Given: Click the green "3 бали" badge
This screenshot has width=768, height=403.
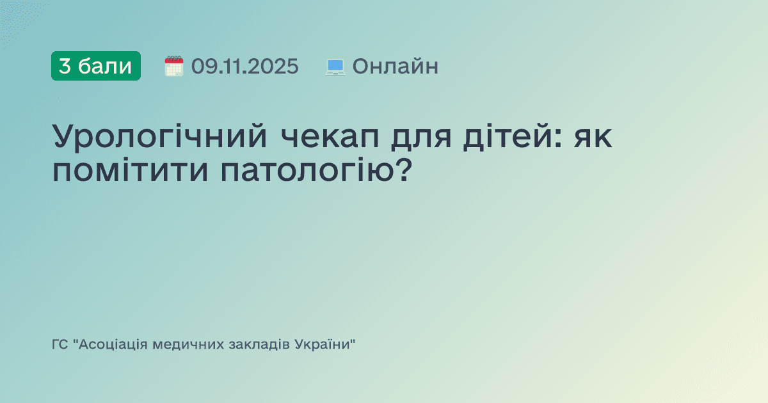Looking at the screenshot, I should pos(96,66).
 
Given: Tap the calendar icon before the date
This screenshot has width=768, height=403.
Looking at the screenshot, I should pos(174,66).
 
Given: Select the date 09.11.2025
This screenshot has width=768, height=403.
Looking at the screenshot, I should pos(244,66).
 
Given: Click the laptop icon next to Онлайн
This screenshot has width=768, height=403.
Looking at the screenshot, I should pos(335,67).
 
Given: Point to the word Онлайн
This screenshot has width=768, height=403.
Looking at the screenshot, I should pos(396,66).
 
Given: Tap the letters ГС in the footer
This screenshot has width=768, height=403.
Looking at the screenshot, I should pos(60,345).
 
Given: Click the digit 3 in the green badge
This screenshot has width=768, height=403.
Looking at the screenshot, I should pos(65,66).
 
